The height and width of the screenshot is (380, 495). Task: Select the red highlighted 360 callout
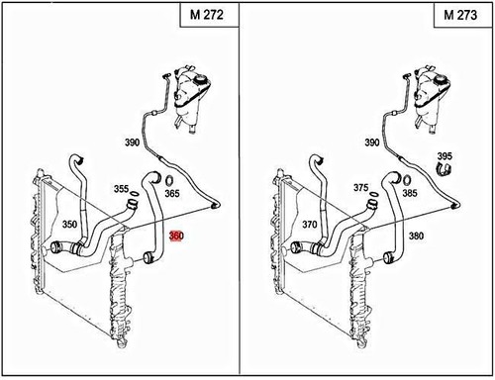click(176, 237)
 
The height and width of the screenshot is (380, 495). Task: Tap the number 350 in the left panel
click(68, 226)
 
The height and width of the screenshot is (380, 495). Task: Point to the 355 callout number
click(120, 188)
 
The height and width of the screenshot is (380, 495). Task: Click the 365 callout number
click(172, 195)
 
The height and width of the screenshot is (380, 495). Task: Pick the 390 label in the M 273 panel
click(371, 143)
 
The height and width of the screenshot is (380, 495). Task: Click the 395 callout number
click(445, 156)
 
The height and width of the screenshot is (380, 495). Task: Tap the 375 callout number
click(360, 188)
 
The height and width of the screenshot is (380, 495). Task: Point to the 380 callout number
click(416, 237)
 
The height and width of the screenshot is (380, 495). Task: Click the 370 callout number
click(310, 226)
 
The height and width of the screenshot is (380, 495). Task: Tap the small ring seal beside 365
click(168, 180)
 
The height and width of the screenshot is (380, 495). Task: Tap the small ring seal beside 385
click(409, 180)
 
